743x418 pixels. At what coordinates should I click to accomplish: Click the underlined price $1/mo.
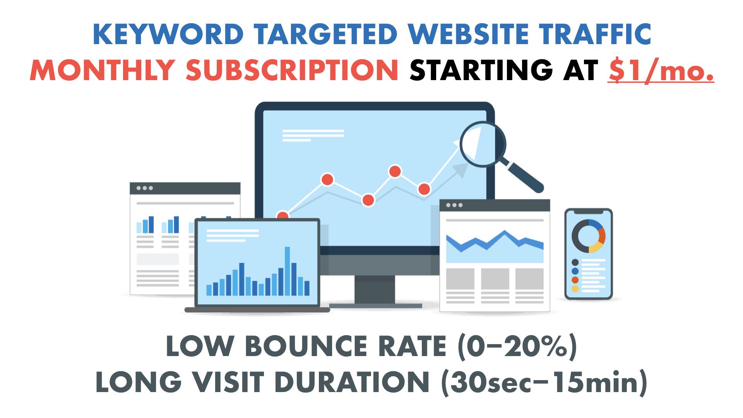coord(660,70)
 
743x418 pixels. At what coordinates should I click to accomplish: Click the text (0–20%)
coord(517,347)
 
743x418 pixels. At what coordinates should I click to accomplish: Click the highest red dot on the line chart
coord(395,171)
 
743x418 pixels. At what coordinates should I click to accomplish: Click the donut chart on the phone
coord(588,236)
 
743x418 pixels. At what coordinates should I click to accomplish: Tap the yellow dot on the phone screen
coord(575,289)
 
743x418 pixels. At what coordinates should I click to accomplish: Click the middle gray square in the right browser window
coord(495,279)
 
